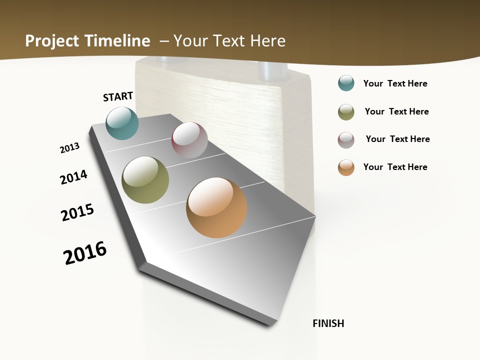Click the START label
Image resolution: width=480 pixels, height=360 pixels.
(118, 96)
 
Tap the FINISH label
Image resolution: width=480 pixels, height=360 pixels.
(328, 323)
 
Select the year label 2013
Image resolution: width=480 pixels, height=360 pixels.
(69, 148)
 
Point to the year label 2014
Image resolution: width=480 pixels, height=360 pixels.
(73, 177)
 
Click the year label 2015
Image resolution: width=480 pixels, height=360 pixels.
(77, 212)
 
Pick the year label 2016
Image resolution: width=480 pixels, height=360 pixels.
(85, 253)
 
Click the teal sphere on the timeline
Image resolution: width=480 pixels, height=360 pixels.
(122, 123)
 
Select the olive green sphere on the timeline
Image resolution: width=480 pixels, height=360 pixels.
(145, 180)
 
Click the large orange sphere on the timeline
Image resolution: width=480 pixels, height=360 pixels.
(216, 207)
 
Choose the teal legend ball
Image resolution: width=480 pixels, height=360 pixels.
(346, 83)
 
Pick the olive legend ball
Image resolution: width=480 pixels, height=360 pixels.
(346, 112)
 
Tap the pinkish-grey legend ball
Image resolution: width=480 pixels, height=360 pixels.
(346, 140)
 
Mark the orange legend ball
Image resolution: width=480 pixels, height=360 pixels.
(346, 167)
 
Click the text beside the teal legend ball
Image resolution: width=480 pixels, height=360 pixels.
(395, 83)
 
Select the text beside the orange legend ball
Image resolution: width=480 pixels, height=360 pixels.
(395, 167)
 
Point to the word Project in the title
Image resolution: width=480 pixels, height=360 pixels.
(52, 41)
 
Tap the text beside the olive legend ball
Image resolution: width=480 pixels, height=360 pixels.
(396, 111)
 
